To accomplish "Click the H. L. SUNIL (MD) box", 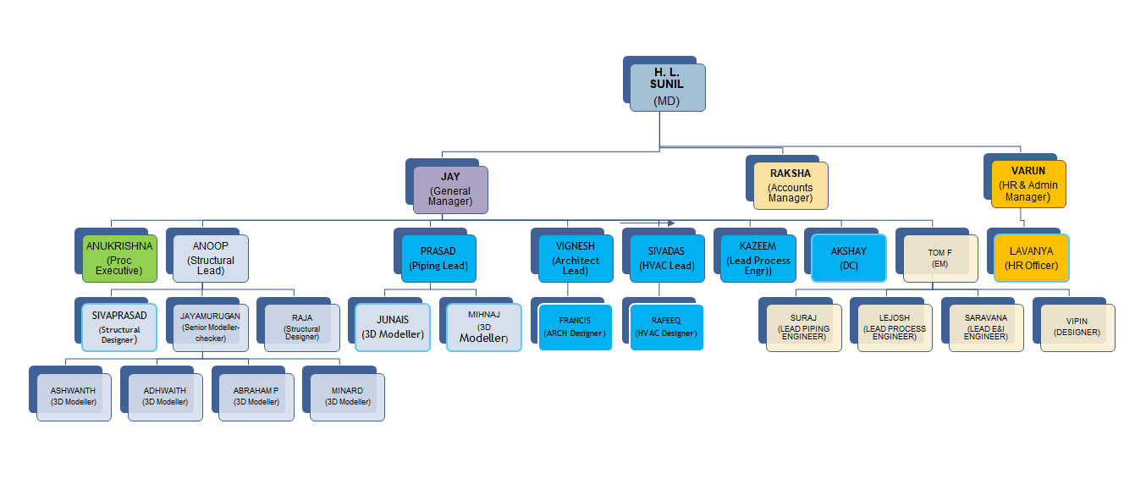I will (667, 87).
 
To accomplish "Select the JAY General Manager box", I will (450, 190).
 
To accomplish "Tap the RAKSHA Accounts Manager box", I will (791, 185).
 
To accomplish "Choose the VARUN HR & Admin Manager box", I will (1028, 184).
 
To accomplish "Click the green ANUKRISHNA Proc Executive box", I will (119, 258).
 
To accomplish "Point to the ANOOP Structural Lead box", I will (211, 258).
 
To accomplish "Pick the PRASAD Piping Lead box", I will (438, 258).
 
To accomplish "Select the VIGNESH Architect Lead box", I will (576, 258).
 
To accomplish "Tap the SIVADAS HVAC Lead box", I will (667, 258).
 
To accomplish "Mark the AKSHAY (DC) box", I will (849, 258).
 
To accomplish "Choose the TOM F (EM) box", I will (939, 258).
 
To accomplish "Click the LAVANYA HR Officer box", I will (1031, 258).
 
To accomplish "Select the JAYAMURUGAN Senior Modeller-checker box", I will (211, 327).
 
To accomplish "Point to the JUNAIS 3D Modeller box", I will (393, 327).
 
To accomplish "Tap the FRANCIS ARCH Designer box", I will (576, 327).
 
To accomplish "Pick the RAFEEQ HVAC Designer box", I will (667, 327).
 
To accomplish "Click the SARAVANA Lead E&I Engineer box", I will (986, 328).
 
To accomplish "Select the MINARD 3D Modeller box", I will (347, 396).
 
